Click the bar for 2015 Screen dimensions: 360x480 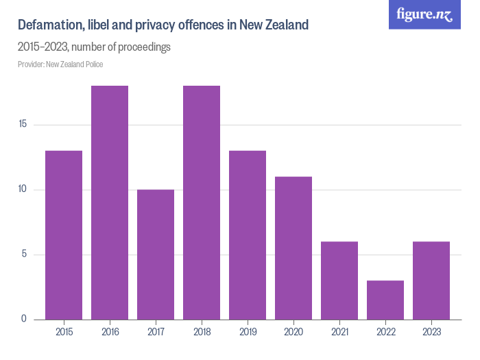click(64, 235)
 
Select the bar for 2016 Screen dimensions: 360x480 click(110, 202)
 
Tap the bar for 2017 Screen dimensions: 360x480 click(156, 254)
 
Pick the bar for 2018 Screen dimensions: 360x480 click(202, 202)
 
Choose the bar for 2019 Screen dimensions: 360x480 click(248, 235)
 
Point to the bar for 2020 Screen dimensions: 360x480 click(293, 248)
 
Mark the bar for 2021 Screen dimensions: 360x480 click(339, 280)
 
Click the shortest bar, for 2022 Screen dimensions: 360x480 click(385, 300)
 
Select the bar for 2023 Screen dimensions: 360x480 click(431, 280)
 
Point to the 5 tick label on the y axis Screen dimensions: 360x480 click(24, 254)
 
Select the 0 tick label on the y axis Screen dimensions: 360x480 click(24, 319)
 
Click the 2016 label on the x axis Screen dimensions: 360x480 click(110, 332)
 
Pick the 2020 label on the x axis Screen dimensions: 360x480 click(293, 332)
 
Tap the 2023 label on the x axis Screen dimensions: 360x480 click(431, 332)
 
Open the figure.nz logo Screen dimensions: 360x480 click(424, 14)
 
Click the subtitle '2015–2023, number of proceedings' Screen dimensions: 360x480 click(94, 47)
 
